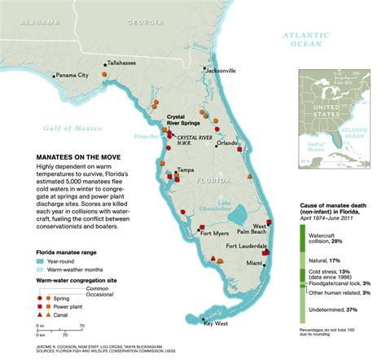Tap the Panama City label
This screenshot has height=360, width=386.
coord(72,75)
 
